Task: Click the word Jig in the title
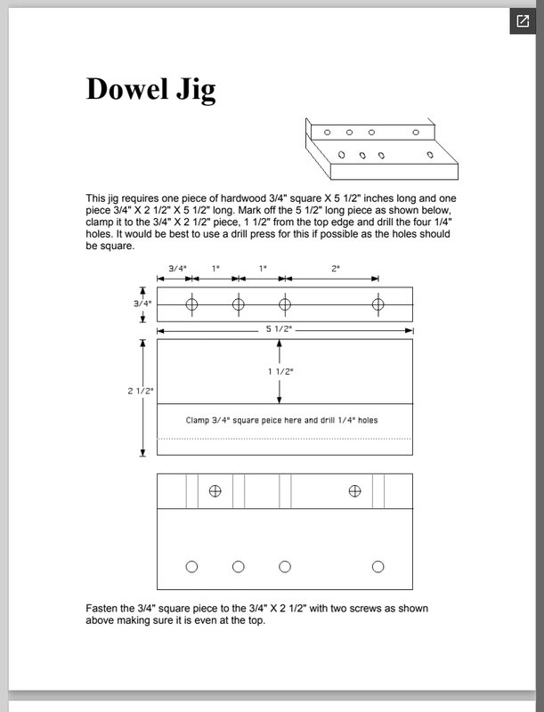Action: (196, 90)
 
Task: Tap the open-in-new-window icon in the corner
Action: (521, 21)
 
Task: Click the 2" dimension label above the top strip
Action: (335, 268)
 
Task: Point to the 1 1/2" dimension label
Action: (280, 371)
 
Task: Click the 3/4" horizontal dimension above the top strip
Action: (177, 268)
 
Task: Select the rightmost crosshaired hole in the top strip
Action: (378, 304)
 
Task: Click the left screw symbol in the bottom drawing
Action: (215, 490)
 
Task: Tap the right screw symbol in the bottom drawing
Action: (355, 490)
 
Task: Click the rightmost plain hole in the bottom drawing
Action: (378, 567)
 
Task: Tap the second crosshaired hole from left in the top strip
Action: (238, 304)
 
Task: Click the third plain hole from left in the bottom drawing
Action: (285, 567)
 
